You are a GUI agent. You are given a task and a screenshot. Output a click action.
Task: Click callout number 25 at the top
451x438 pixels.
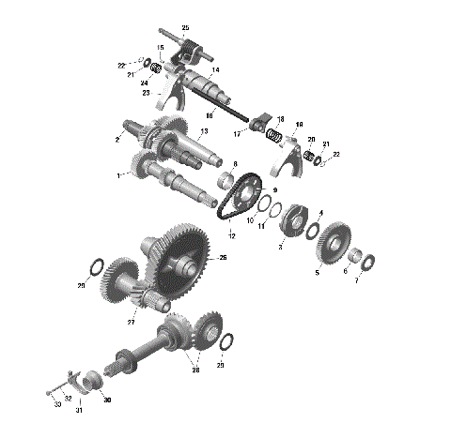184,28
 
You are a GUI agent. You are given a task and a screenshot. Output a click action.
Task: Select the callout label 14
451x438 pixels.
215,70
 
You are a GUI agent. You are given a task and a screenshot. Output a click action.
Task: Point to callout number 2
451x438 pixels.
117,140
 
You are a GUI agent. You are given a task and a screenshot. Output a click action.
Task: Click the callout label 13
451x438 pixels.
203,131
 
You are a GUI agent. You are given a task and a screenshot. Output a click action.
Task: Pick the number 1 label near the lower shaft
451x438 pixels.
118,175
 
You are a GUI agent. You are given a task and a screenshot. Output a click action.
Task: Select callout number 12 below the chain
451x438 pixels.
231,234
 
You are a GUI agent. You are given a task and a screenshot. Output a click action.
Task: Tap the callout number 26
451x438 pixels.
223,258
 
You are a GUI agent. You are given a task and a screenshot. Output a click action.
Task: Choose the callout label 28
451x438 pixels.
195,370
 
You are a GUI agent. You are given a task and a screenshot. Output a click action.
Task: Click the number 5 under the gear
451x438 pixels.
317,272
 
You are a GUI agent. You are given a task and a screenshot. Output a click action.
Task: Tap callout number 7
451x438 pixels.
356,280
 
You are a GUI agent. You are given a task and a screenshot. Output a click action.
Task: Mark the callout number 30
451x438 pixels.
107,400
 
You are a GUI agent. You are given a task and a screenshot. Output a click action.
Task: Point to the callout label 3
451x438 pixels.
280,247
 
